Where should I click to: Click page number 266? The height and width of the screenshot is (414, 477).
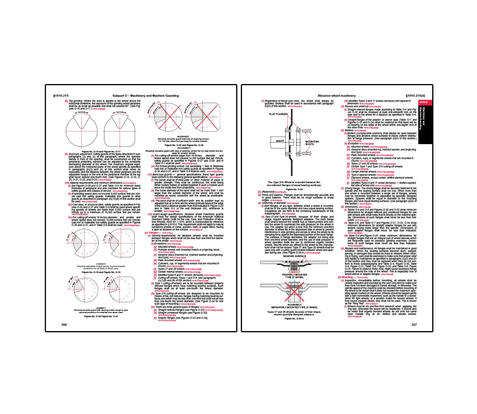point(64,325)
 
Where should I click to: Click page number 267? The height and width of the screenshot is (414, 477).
point(414,325)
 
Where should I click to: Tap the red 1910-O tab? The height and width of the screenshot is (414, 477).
point(423,102)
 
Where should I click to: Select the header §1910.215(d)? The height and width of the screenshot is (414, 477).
point(415,96)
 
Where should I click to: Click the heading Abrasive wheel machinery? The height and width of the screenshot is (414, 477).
point(337,96)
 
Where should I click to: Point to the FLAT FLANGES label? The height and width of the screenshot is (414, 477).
point(278,114)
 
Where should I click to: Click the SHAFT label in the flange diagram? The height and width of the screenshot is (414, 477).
point(280,141)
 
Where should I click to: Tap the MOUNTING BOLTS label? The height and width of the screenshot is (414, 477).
point(312,143)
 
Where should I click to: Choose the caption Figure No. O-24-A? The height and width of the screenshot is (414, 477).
point(294,318)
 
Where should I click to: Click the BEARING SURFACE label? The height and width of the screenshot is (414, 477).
point(294,256)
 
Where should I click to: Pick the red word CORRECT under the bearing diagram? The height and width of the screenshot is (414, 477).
point(294,272)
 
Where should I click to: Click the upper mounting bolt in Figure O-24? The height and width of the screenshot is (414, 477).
point(307,131)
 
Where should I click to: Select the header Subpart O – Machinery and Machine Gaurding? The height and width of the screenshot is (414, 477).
point(145,96)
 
